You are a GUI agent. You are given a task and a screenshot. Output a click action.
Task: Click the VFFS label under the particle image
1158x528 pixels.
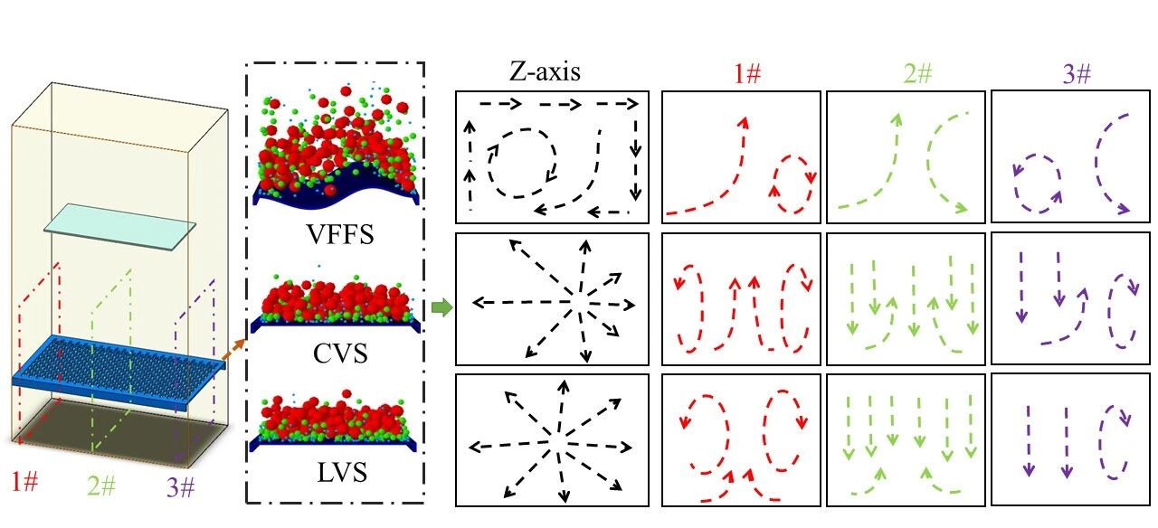pos(338,236)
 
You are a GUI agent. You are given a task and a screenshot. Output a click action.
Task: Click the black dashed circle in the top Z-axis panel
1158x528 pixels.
pos(520,162)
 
